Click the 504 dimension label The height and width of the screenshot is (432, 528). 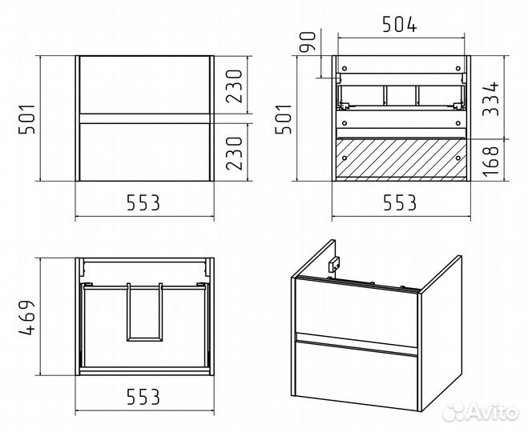coord(400,25)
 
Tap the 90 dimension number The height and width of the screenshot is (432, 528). coord(308,42)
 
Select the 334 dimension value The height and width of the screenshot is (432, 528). coord(490,99)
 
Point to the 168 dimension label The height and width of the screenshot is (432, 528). coord(490,161)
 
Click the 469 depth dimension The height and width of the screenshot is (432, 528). coord(26,318)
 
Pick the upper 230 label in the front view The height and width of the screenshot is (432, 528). coord(234,86)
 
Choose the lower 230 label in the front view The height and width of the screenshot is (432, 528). coord(234,154)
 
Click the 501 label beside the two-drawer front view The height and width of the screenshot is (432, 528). coord(26,119)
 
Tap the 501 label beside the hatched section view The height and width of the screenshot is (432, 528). coord(283,119)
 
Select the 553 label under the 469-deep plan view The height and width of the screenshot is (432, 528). coord(143,397)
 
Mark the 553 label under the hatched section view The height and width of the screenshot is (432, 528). coord(400,202)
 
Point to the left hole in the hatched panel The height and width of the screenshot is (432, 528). coord(345,158)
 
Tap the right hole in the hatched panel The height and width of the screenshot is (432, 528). coord(457,158)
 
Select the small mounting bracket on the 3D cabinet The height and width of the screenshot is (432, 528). coord(334,264)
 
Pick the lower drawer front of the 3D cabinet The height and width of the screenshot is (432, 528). coord(357,375)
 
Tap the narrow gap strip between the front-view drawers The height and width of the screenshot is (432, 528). coord(145,118)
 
